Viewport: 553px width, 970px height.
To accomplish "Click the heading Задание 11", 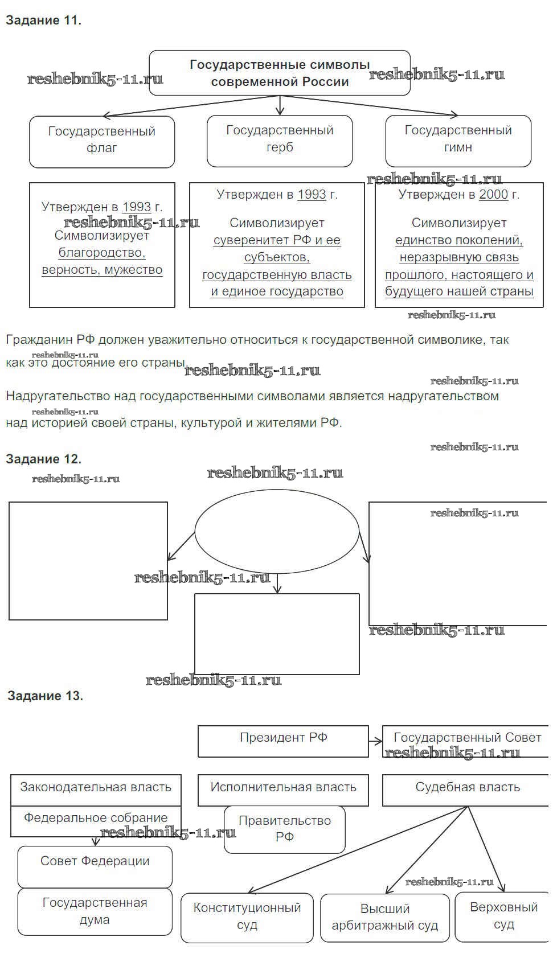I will pos(44,20).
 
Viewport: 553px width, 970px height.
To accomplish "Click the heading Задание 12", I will pos(44,459).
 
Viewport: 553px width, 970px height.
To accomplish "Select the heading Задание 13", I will pos(45,696).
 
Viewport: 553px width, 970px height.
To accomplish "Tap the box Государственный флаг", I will pos(102,141).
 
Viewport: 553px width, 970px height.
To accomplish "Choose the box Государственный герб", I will pos(280,140).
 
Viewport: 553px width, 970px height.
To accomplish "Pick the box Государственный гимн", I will pos(458,140).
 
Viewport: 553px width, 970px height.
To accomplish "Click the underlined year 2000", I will pos(493,195).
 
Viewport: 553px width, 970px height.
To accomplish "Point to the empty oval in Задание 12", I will pos(277,531).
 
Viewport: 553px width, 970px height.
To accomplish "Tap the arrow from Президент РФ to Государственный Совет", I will pos(375,741).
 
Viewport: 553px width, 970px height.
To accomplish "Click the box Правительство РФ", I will pos(285,829).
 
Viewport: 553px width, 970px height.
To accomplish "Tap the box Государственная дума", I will pos(95,911).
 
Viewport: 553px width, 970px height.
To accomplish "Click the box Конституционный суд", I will pos(247,917).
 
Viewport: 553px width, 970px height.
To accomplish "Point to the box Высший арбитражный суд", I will pos(385,917).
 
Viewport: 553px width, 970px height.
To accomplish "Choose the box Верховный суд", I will pos(503,916).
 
